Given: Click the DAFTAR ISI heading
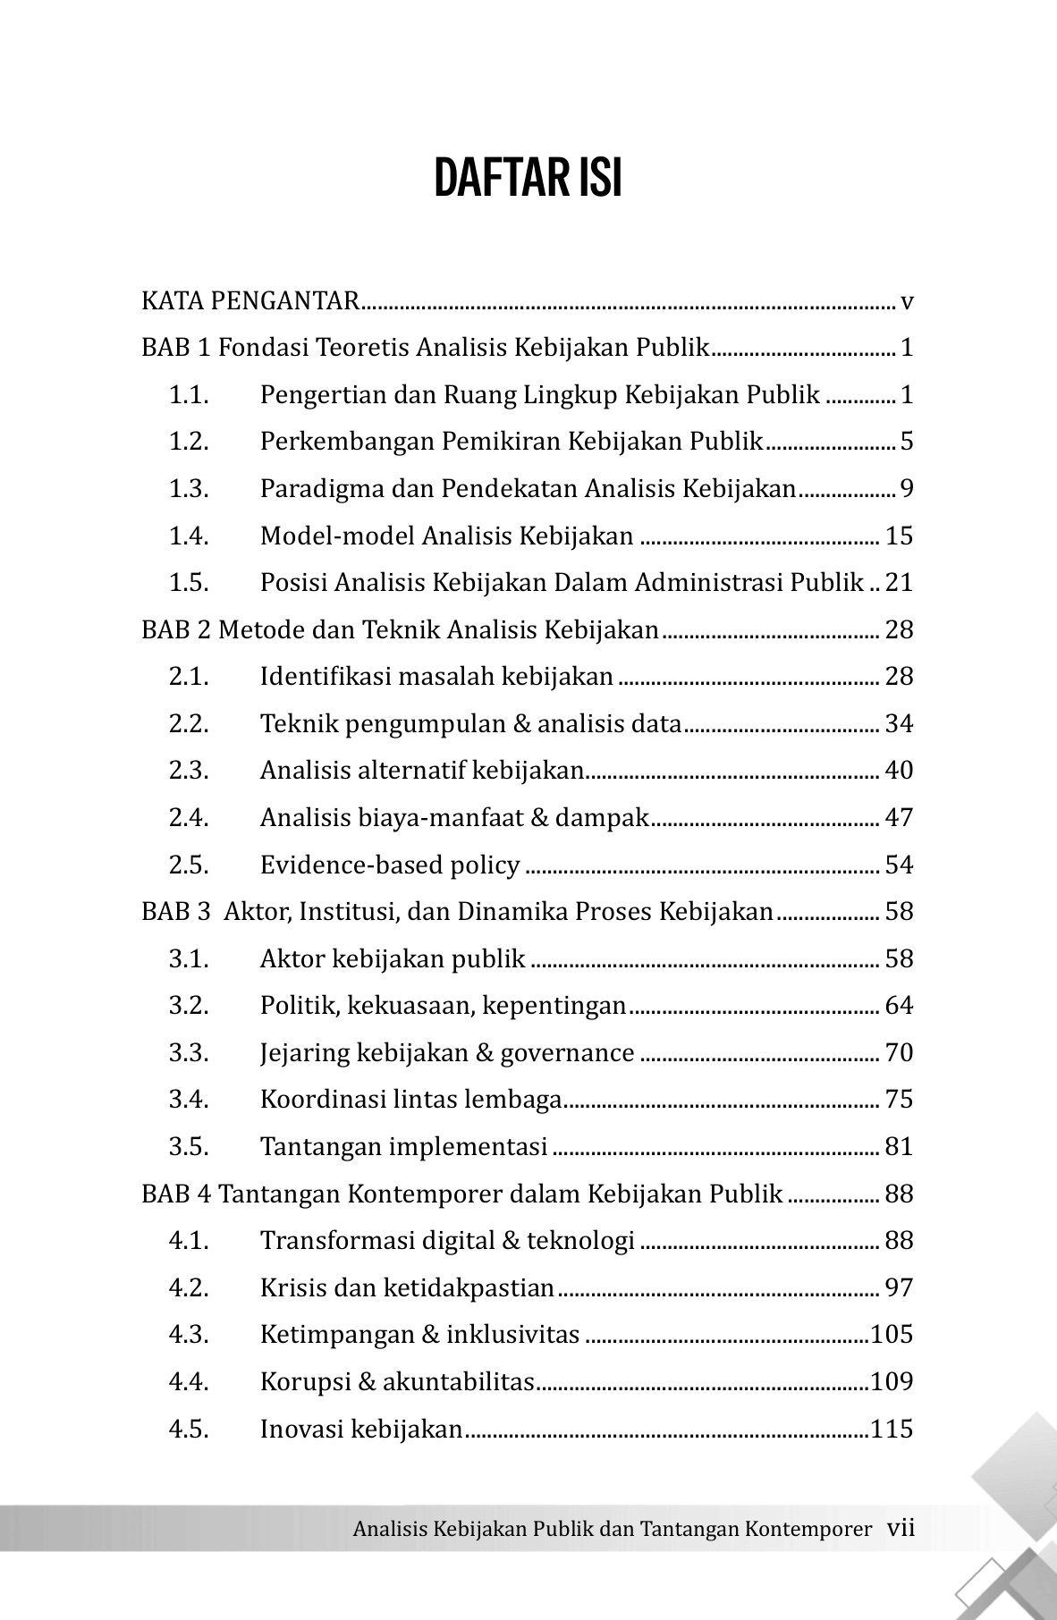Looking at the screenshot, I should pos(528,179).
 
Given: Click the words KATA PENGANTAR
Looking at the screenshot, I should pos(249,301).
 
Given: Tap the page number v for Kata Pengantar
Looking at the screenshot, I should pos(907,301).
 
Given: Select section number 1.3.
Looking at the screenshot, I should pos(189,489).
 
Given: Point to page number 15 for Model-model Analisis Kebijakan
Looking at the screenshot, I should pos(899,536).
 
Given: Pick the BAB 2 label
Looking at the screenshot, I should pos(176,630).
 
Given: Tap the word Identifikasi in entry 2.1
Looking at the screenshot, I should pos(325,677).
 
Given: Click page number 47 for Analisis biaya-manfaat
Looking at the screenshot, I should pos(899,818).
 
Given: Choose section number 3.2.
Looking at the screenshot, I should pos(189,1006).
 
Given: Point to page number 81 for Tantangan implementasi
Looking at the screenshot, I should pos(899,1147).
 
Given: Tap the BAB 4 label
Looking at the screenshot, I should pos(176,1194).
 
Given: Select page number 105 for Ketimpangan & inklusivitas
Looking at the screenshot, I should pos(892,1335).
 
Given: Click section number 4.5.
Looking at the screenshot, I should pos(189,1429).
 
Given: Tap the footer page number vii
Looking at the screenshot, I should pos(901,1528).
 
